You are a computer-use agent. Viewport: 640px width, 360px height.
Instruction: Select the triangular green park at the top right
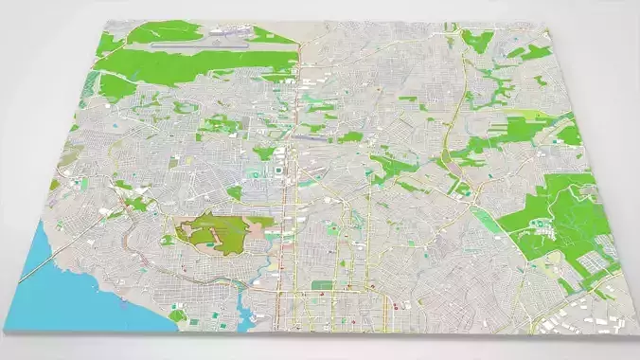click(478, 40)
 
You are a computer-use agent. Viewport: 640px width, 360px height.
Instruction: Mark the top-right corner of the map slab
click(549, 27)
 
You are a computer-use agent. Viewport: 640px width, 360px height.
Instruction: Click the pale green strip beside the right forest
click(488, 223)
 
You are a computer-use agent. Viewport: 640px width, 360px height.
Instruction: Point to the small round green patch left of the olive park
click(168, 240)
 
